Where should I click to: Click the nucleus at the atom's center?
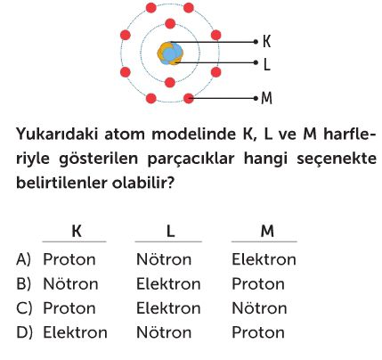click(170, 53)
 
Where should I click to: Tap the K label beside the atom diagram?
click(266, 42)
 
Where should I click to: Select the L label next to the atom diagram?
click(267, 64)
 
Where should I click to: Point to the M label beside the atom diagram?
click(266, 98)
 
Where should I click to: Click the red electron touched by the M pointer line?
click(189, 98)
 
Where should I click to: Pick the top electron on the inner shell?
click(170, 24)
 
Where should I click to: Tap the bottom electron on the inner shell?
click(170, 83)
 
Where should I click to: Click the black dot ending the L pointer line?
click(256, 62)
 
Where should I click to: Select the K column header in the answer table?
click(77, 231)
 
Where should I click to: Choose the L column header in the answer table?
click(170, 231)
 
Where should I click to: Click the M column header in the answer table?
click(267, 231)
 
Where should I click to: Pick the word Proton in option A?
click(69, 259)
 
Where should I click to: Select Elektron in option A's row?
click(264, 259)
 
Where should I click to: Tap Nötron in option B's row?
click(70, 284)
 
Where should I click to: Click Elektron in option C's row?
click(168, 308)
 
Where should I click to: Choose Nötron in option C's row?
click(259, 308)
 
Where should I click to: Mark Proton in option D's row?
click(258, 332)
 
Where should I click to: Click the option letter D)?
click(24, 332)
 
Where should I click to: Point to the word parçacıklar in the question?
click(191, 159)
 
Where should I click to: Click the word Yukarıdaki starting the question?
click(57, 135)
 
